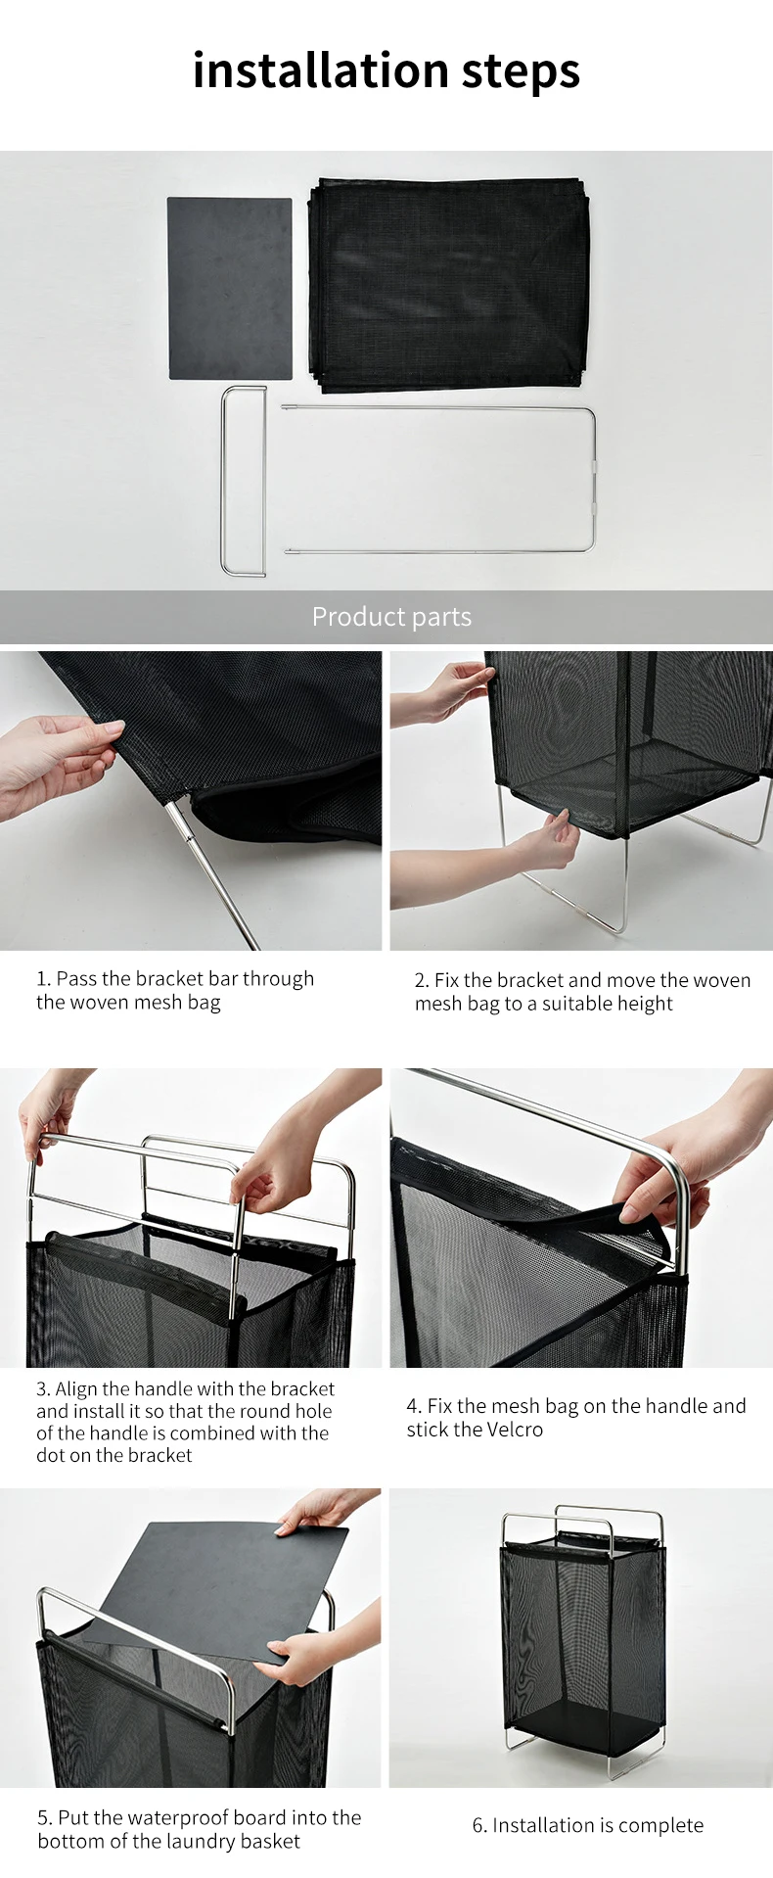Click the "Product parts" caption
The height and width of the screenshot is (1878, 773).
tap(391, 617)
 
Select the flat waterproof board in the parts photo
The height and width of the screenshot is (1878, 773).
tap(230, 289)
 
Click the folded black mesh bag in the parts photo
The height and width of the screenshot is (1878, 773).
tap(449, 285)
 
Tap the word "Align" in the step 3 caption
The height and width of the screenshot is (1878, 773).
tap(76, 1389)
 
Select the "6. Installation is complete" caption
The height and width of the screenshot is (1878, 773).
tap(588, 1825)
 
